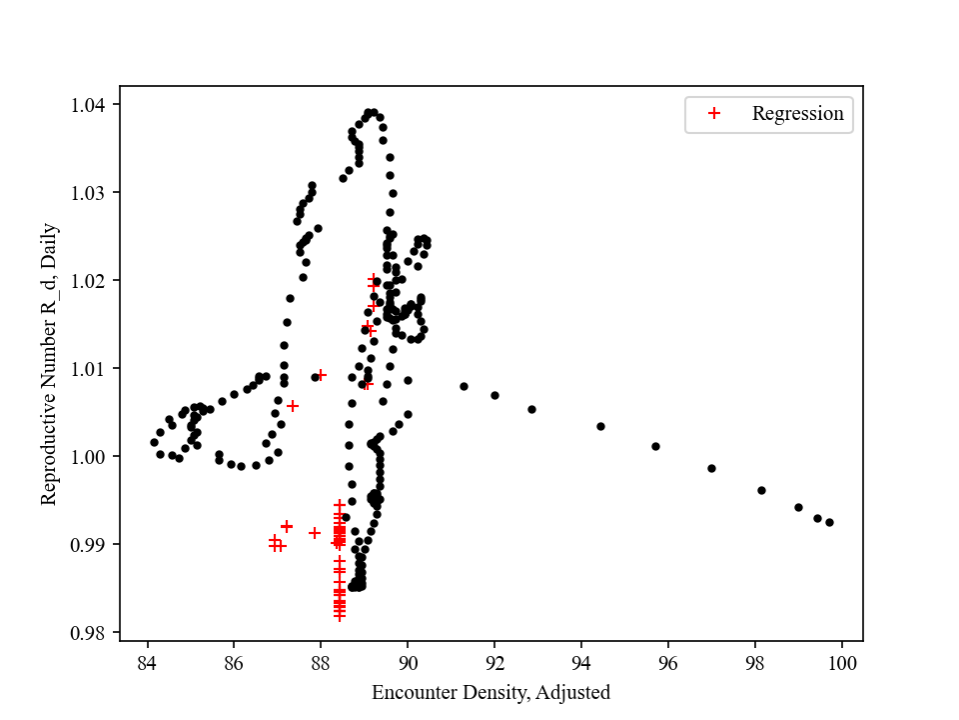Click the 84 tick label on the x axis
pyautogui.click(x=147, y=663)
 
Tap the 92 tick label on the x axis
pyautogui.click(x=494, y=663)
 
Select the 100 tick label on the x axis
pyautogui.click(x=841, y=663)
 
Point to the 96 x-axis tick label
pyautogui.click(x=668, y=663)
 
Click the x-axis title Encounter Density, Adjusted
pyautogui.click(x=490, y=692)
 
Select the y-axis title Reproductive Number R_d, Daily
pyautogui.click(x=50, y=364)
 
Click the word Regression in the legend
pyautogui.click(x=797, y=114)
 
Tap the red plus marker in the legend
pyautogui.click(x=714, y=114)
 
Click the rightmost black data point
pyautogui.click(x=829, y=522)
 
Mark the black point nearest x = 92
pyautogui.click(x=494, y=395)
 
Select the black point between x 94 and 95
pyautogui.click(x=600, y=426)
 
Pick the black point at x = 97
pyautogui.click(x=711, y=468)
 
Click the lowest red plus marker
pyautogui.click(x=340, y=615)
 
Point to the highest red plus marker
pyautogui.click(x=374, y=281)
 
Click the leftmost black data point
pyautogui.click(x=154, y=442)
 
